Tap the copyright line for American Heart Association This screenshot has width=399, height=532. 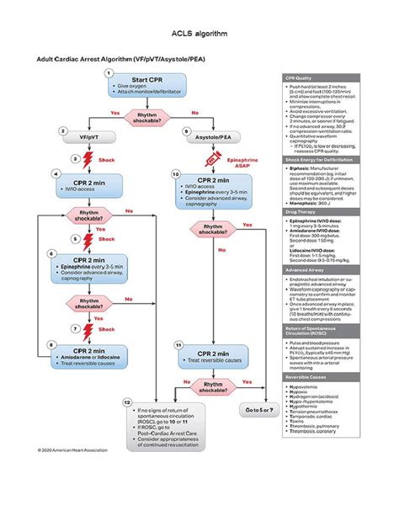[72, 450]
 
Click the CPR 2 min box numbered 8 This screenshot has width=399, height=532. [88, 354]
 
